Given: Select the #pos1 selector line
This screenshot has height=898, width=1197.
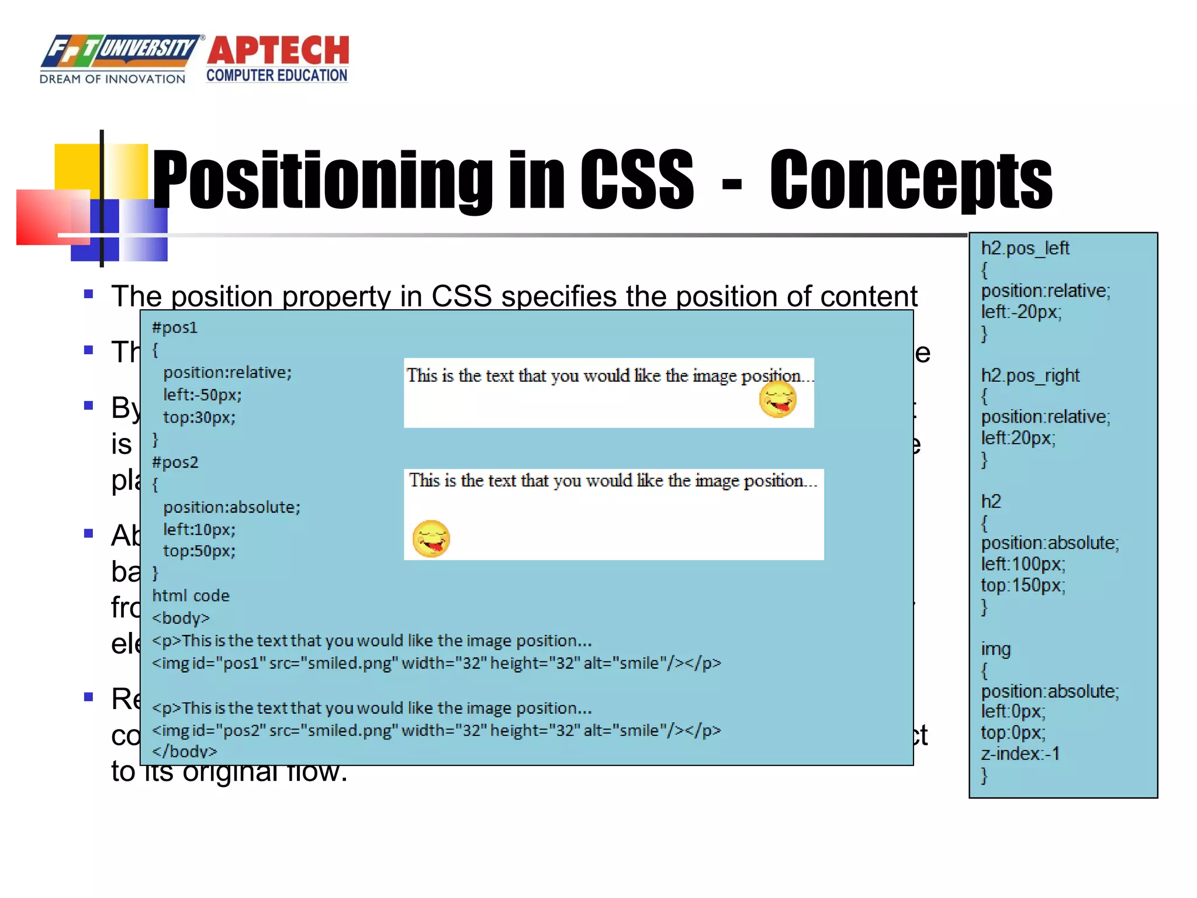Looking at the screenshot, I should point(175,327).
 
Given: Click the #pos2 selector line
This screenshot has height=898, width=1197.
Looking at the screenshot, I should point(175,462).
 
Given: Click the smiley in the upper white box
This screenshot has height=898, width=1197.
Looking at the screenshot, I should point(777,400).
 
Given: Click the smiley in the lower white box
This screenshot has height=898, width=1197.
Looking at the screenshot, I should point(431,538).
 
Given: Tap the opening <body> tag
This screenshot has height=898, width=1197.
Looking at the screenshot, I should point(181,618).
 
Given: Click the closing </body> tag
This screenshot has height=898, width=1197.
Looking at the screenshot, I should point(185,751).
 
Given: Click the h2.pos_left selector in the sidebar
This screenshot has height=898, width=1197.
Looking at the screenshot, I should point(1025,248).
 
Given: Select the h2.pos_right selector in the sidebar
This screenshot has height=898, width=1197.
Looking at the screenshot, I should point(1030,375).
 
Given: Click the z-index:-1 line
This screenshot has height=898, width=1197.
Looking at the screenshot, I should point(1020,754).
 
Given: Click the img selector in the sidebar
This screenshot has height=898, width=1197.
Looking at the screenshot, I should point(996,649).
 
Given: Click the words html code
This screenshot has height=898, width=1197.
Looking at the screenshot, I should point(191,596).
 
